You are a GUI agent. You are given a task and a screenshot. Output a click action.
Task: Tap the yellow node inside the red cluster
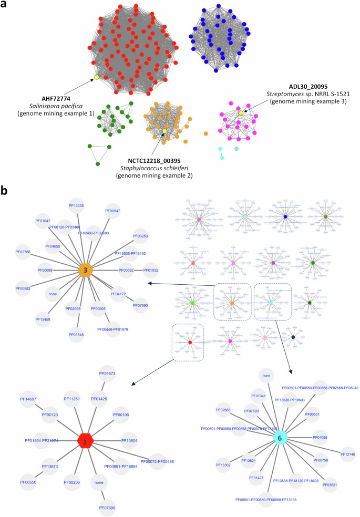(97, 78)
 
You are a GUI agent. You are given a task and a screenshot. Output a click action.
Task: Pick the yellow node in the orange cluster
(164, 131)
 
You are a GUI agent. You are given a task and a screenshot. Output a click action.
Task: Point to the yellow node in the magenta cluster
(241, 113)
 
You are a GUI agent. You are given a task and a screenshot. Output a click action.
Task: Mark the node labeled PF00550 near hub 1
(28, 481)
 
